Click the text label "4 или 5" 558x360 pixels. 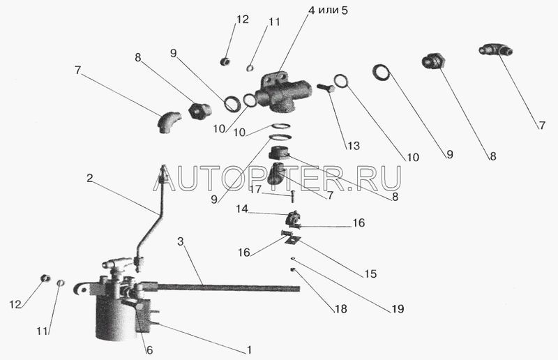tap(328, 10)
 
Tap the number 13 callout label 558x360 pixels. tap(354, 145)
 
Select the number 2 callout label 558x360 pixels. tap(90, 178)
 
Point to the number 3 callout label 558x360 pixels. tap(181, 241)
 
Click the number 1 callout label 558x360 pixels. tap(250, 350)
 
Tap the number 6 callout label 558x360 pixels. tap(149, 350)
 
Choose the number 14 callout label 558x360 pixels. tap(242, 209)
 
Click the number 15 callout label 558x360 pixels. tap(370, 273)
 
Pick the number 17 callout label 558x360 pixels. tap(255, 189)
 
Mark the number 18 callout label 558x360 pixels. tap(340, 309)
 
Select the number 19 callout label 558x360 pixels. tap(397, 308)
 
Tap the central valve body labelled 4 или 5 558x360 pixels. tap(284, 92)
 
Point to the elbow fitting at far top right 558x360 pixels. tap(496, 50)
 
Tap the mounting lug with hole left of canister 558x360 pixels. tap(82, 289)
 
